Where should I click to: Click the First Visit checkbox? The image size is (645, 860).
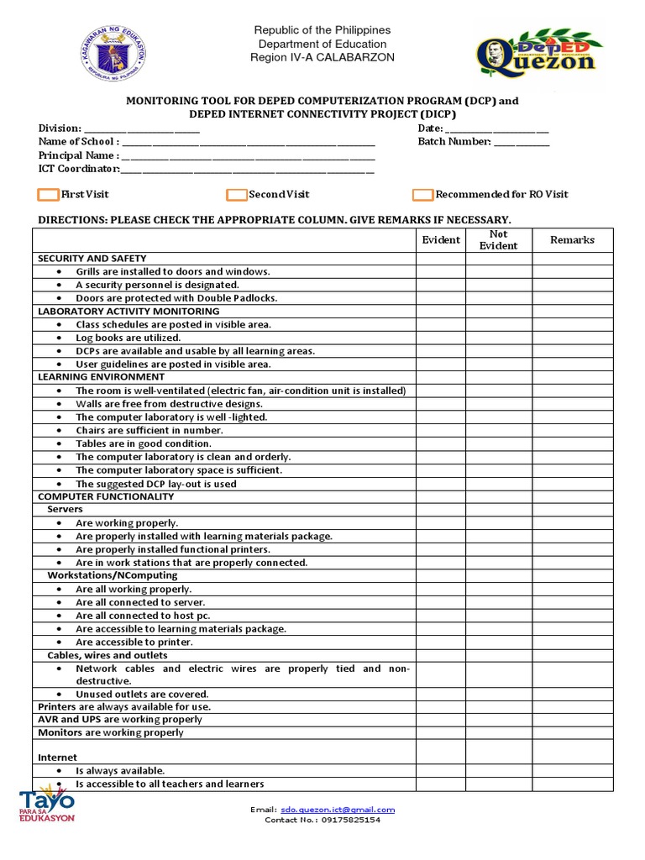(x=49, y=195)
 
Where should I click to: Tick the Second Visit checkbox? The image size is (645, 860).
(x=236, y=195)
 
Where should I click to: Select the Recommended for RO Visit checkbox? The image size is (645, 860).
(x=422, y=195)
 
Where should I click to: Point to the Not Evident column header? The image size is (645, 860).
(x=498, y=240)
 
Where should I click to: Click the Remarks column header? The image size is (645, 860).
(x=572, y=240)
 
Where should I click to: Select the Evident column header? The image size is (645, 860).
(x=441, y=240)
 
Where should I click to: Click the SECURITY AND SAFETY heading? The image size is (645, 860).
(x=92, y=259)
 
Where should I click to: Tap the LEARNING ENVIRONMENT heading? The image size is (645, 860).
(x=102, y=377)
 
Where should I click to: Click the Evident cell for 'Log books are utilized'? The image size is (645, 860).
(x=441, y=338)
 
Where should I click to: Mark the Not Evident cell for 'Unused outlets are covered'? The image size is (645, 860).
(x=498, y=695)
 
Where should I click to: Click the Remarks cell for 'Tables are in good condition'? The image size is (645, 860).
(x=572, y=443)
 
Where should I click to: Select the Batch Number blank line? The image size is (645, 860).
(x=522, y=142)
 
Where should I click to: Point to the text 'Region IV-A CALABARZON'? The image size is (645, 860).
(x=322, y=57)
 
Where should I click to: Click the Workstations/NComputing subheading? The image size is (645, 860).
(x=112, y=575)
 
